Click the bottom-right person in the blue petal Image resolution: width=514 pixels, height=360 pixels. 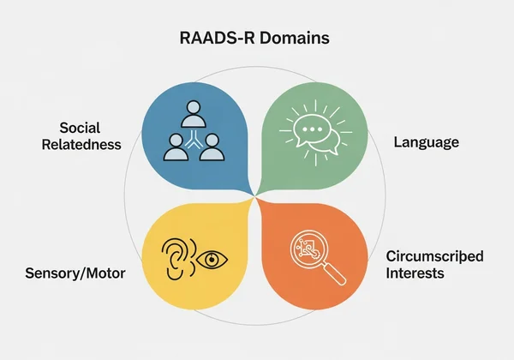(x=213, y=149)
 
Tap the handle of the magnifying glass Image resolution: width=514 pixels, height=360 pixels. (x=335, y=273)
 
